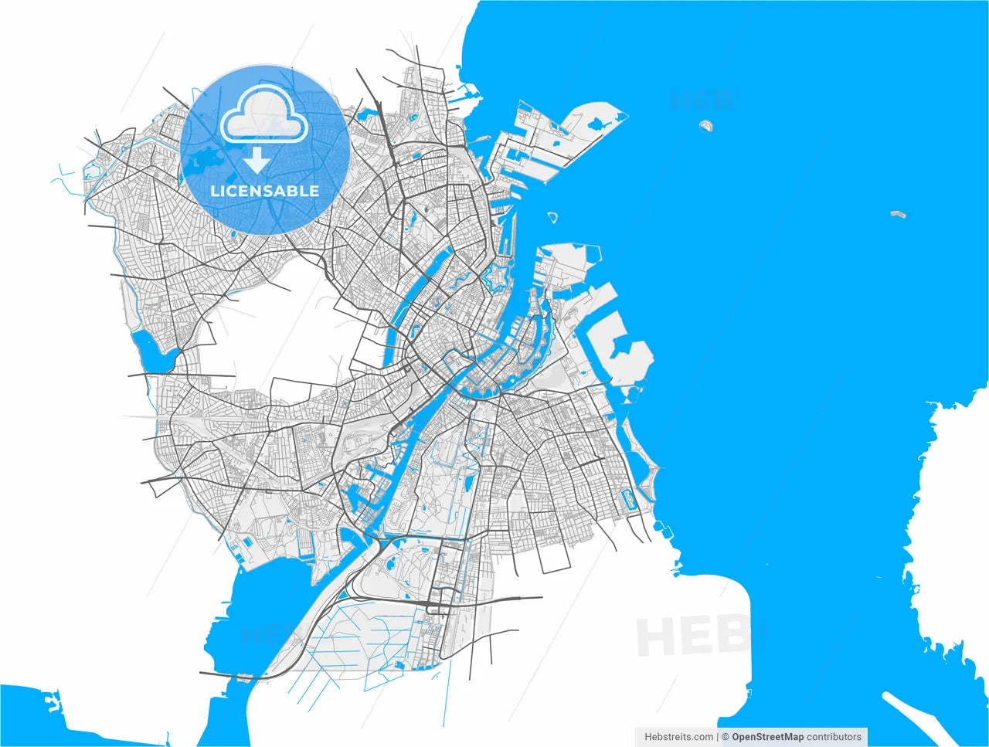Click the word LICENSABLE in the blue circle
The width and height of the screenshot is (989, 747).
265,191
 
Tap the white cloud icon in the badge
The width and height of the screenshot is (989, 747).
264,115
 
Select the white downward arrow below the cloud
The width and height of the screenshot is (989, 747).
257,160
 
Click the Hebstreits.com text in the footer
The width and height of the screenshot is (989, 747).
679,737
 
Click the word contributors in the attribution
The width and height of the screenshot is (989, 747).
834,737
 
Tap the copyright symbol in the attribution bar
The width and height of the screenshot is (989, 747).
726,737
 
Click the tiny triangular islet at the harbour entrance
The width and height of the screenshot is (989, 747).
552,217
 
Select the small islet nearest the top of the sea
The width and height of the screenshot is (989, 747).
705,124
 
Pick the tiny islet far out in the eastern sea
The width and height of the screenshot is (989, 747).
897,214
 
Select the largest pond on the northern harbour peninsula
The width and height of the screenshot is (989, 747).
598,123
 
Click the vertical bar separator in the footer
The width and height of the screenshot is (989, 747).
718,737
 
